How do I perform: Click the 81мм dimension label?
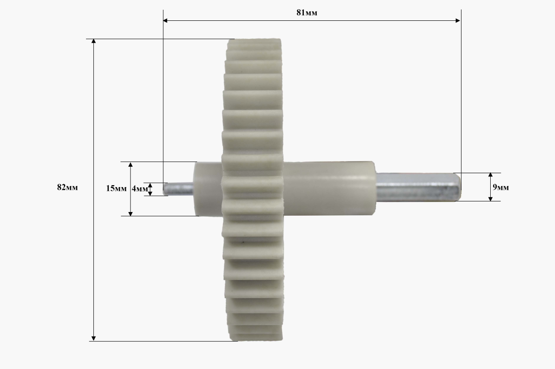(x=307, y=13)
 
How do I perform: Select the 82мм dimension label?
(x=68, y=187)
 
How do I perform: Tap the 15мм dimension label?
(x=116, y=188)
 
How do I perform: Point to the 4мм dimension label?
(x=140, y=189)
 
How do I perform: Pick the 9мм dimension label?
(x=501, y=187)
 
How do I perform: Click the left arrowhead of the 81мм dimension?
(x=165, y=20)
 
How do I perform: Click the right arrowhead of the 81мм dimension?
(x=458, y=20)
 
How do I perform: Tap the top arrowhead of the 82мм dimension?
(x=93, y=41)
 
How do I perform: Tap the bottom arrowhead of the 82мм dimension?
(x=93, y=338)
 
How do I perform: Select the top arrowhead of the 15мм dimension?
(x=130, y=164)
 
